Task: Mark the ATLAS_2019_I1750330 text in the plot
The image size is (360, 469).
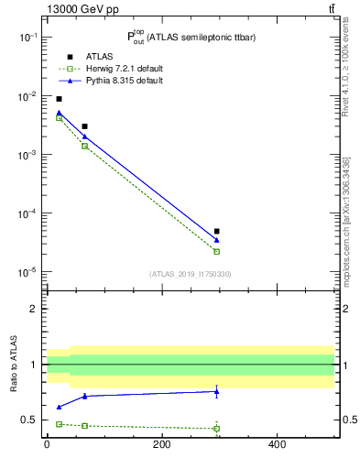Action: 191,273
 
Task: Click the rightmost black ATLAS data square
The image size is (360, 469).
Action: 216,232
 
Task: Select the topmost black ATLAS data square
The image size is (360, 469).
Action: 59,99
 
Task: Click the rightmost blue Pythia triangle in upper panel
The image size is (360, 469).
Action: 216,240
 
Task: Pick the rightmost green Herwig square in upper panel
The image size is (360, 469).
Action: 216,251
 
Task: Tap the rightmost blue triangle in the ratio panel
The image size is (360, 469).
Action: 216,391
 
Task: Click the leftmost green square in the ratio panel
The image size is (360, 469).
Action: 59,424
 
